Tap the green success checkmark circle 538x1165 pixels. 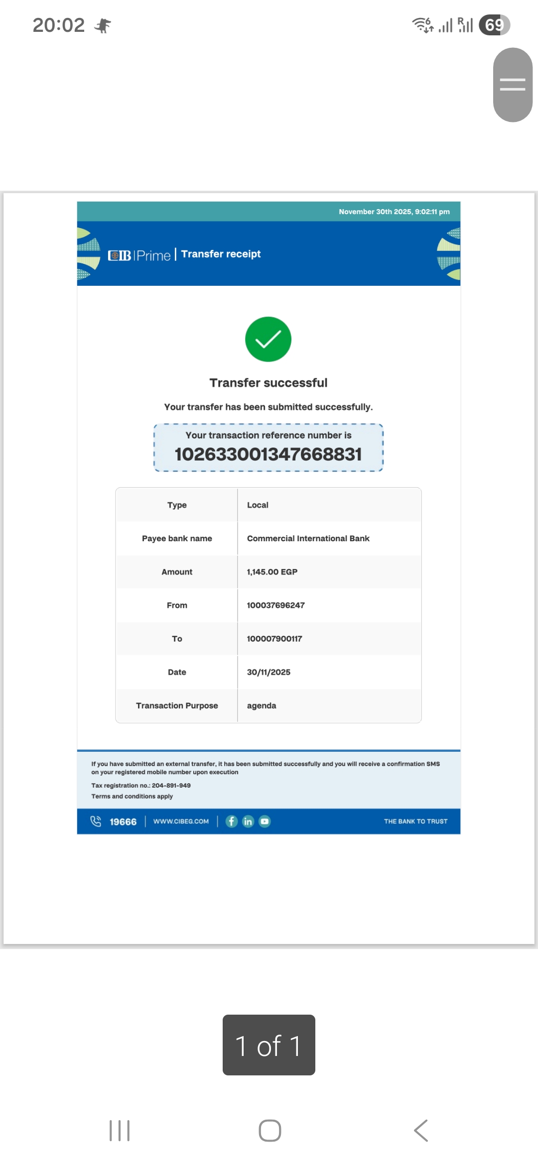point(268,339)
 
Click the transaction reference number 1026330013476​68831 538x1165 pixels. point(268,454)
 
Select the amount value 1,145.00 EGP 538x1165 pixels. point(272,572)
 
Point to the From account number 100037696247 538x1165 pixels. point(275,605)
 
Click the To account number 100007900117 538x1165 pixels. point(274,639)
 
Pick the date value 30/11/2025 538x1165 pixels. point(269,672)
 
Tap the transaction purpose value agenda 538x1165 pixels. point(262,705)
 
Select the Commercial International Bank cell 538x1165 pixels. point(308,539)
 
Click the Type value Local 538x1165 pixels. point(258,505)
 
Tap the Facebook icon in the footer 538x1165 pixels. point(232,821)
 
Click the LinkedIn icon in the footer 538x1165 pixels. point(248,821)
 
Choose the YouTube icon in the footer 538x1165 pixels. point(265,821)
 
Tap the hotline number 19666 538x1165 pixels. point(123,822)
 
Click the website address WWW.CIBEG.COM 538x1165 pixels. point(181,821)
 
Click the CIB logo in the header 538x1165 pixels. point(120,255)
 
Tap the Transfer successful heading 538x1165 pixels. point(268,383)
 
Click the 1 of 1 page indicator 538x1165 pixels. point(269,1045)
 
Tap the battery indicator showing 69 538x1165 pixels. point(494,25)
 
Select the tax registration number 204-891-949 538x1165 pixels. point(171,786)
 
